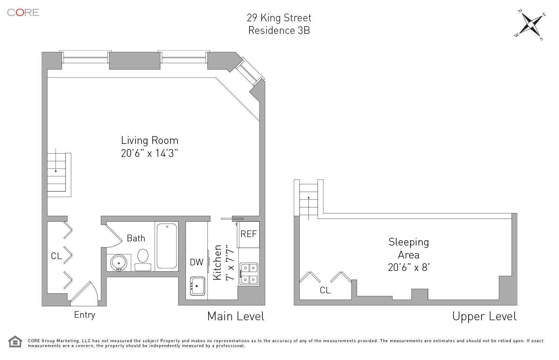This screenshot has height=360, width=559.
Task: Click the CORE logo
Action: coord(23,13)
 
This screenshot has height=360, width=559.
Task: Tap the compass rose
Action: coord(530,25)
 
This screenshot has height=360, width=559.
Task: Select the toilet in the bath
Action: coord(143,260)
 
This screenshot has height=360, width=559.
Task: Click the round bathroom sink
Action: coord(119,263)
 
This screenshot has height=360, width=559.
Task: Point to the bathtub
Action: coord(167,246)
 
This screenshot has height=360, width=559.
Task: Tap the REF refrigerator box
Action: coord(249,234)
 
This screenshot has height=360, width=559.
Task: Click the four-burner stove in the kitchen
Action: coord(249,274)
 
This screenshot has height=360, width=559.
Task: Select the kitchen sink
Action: coord(197,286)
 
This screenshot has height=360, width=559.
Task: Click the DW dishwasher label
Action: coord(197,262)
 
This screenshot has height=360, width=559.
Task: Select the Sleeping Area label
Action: coord(408,255)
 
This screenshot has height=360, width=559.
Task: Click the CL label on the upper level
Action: coord(325,290)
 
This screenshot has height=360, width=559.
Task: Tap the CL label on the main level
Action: coord(56,256)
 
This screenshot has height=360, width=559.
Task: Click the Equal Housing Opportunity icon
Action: coord(15,341)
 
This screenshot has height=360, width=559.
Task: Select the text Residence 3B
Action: coord(279,30)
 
